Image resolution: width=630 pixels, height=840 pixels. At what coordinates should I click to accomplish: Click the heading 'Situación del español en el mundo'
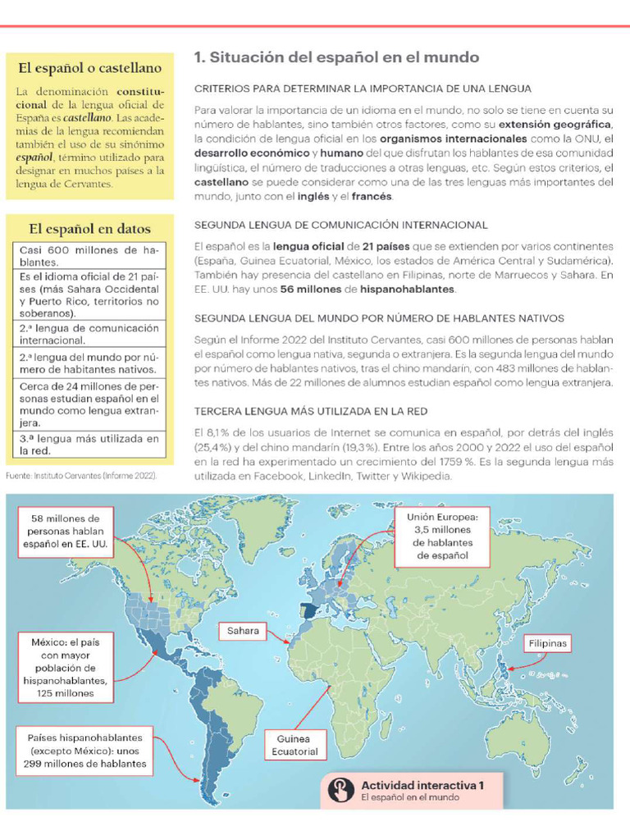point(336,57)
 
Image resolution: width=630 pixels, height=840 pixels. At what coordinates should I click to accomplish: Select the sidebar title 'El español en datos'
point(90,228)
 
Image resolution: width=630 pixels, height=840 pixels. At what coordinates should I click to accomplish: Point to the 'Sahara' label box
point(244,631)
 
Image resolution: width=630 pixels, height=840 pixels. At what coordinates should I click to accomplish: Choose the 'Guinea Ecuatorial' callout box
point(294,745)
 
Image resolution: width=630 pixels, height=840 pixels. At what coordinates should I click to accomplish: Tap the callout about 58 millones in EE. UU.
point(66,531)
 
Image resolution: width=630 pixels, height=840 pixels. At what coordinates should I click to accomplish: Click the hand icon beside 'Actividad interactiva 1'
point(339,790)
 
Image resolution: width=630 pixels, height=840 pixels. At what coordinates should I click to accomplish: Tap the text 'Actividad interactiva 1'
point(422,785)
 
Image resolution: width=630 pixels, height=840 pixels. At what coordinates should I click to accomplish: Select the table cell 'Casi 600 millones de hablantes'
point(90,255)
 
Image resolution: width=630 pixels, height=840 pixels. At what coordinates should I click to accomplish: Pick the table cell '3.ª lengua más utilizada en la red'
point(90,444)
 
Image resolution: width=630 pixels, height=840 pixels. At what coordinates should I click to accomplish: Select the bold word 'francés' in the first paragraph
point(372,197)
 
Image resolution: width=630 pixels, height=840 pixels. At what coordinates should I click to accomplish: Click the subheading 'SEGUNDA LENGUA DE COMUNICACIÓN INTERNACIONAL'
point(340,225)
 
